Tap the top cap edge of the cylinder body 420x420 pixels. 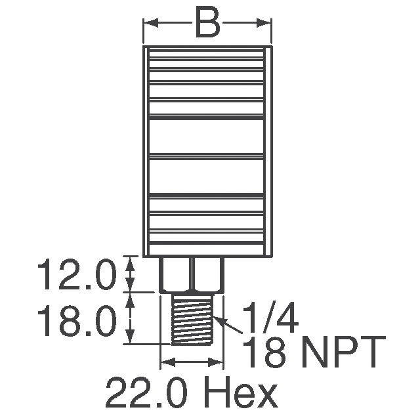coord(207,50)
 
